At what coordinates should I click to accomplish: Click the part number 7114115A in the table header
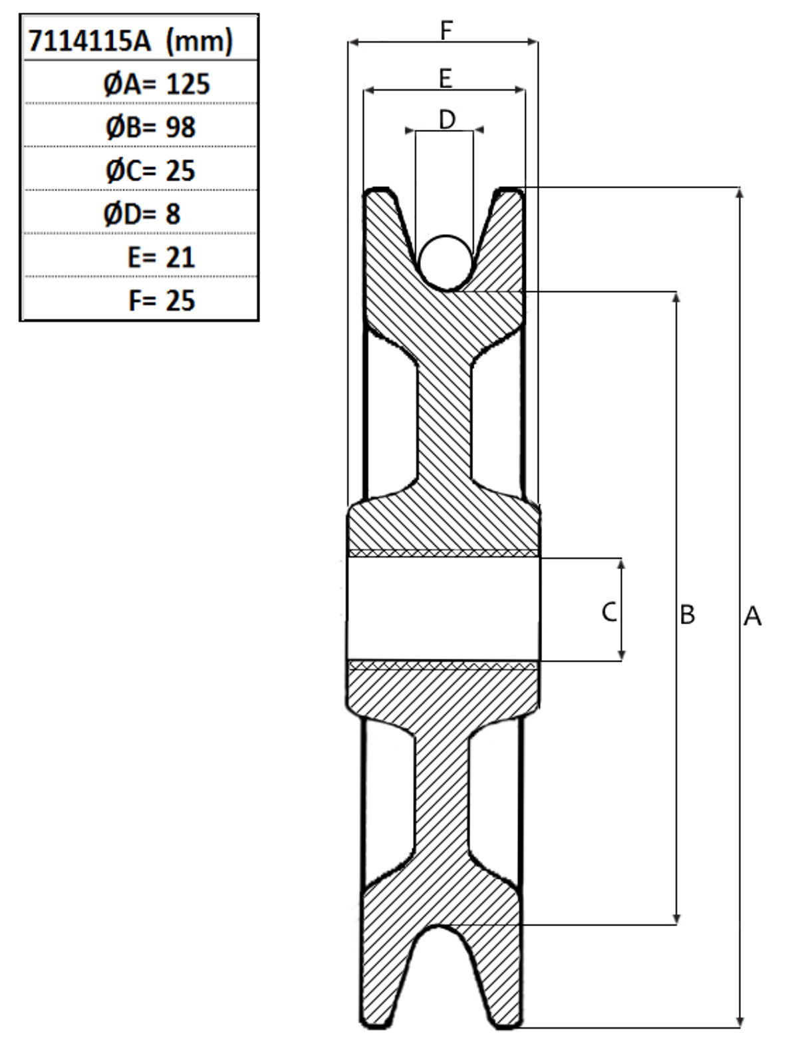pyautogui.click(x=90, y=41)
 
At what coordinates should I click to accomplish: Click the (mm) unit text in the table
pyautogui.click(x=199, y=41)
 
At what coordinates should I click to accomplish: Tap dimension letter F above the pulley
pyautogui.click(x=446, y=31)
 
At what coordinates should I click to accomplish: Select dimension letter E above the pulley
pyautogui.click(x=446, y=79)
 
